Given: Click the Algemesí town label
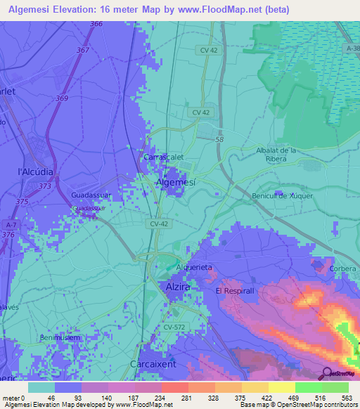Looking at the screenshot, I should coord(175,182).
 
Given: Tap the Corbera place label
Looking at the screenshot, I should coord(345,268).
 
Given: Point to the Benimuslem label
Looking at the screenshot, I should coord(60,338).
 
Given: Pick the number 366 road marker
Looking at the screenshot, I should coord(96,25).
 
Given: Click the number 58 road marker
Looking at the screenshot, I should coord(219,140).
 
